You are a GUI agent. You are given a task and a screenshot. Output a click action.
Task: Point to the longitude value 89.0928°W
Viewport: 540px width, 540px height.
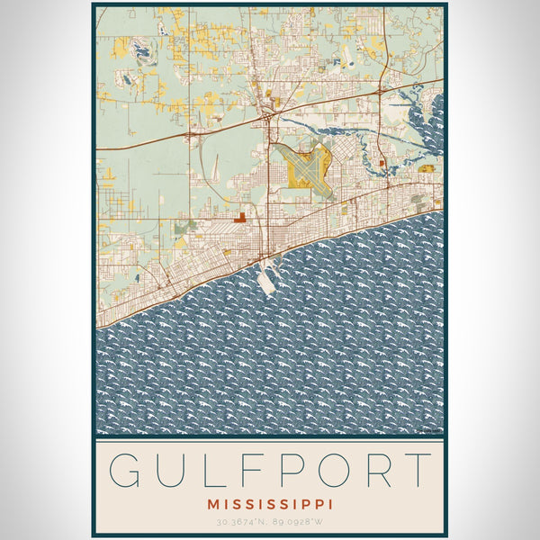pos(298,521)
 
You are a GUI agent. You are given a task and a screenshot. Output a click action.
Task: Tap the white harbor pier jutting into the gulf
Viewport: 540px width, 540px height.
pos(267,280)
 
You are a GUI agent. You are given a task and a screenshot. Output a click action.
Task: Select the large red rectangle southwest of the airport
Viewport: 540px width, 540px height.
pos(239,217)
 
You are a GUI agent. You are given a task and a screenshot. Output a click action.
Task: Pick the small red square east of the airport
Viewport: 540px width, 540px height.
pos(382,163)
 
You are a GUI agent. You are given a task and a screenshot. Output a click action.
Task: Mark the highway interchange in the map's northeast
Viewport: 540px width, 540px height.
pos(380,91)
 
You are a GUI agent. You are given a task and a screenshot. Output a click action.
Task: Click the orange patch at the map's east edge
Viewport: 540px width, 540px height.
pos(427,168)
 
